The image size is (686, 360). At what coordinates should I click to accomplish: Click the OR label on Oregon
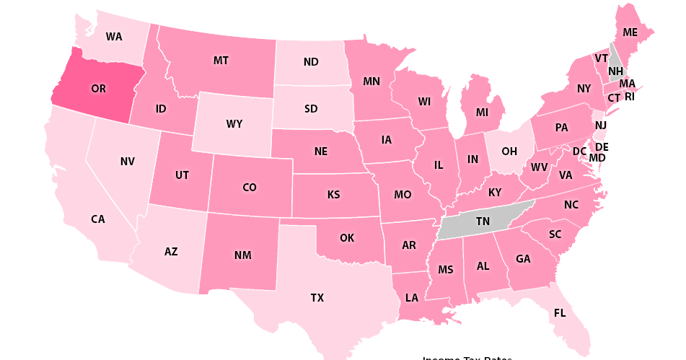pyautogui.click(x=98, y=89)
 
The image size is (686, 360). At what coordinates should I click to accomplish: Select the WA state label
pyautogui.click(x=114, y=36)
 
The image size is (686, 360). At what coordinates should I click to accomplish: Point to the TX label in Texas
pyautogui.click(x=317, y=297)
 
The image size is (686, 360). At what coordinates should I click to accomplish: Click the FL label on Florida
pyautogui.click(x=560, y=313)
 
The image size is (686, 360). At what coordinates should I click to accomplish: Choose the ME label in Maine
pyautogui.click(x=630, y=32)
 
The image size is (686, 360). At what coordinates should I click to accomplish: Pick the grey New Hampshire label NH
pyautogui.click(x=615, y=71)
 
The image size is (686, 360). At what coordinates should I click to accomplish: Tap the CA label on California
pyautogui.click(x=98, y=219)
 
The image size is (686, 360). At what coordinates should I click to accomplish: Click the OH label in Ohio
pyautogui.click(x=509, y=151)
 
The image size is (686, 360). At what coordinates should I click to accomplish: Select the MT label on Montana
pyautogui.click(x=221, y=60)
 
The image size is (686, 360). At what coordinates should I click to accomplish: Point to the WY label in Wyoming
pyautogui.click(x=234, y=123)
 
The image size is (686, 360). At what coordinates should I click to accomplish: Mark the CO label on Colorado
pyautogui.click(x=250, y=188)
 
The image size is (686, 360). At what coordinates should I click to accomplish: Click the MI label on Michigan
pyautogui.click(x=482, y=112)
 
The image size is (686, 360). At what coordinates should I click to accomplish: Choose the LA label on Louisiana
pyautogui.click(x=411, y=297)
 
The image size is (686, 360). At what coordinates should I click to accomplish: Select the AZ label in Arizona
pyautogui.click(x=171, y=252)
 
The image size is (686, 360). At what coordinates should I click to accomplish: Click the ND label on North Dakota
pyautogui.click(x=311, y=62)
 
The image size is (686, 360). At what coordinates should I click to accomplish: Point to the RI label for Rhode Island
pyautogui.click(x=629, y=96)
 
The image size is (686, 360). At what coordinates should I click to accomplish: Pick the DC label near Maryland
pyautogui.click(x=579, y=152)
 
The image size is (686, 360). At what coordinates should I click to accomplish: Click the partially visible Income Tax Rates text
pyautogui.click(x=467, y=357)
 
